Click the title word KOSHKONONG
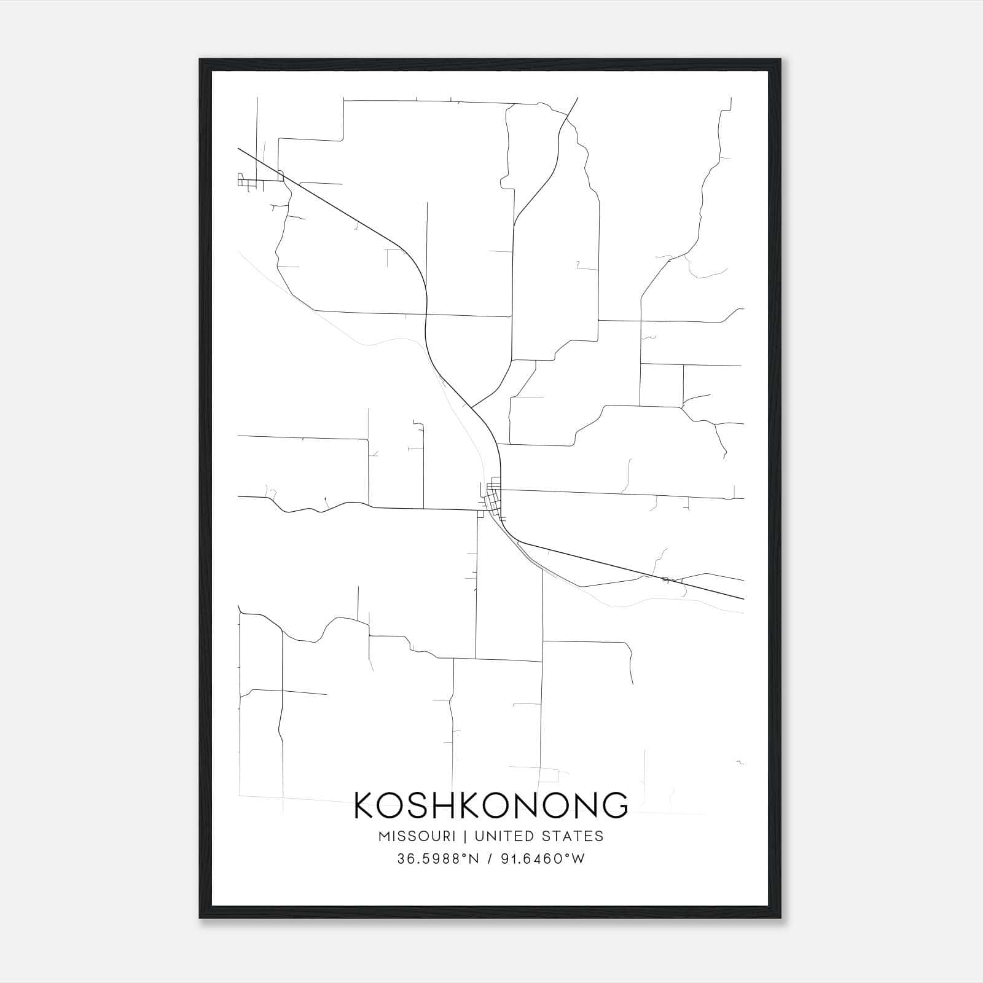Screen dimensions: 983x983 pyautogui.click(x=491, y=805)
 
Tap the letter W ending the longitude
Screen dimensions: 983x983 pyautogui.click(x=578, y=859)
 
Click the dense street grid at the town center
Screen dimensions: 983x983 pyautogui.click(x=493, y=495)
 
